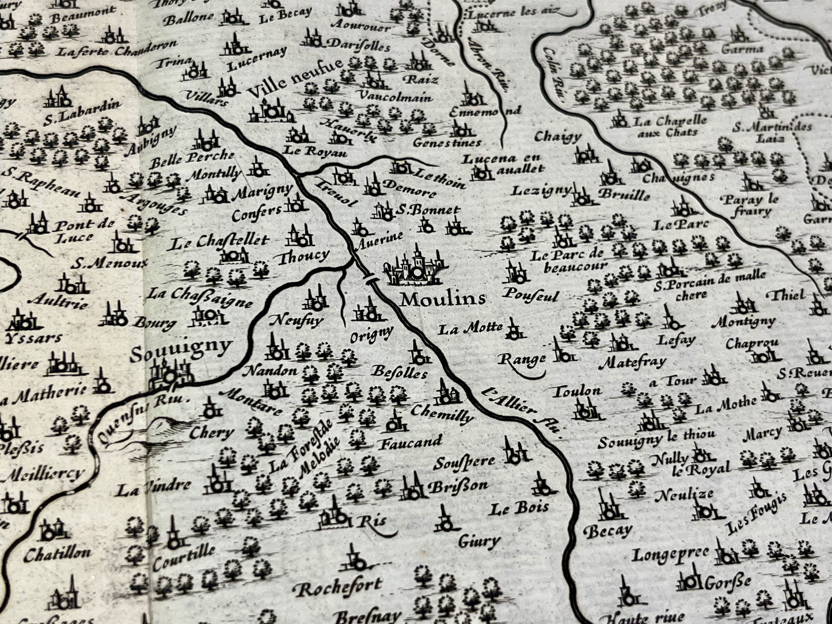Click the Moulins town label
pos(443,299)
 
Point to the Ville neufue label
pos(295,84)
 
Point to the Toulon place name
pos(577,391)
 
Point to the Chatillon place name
pos(57,554)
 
